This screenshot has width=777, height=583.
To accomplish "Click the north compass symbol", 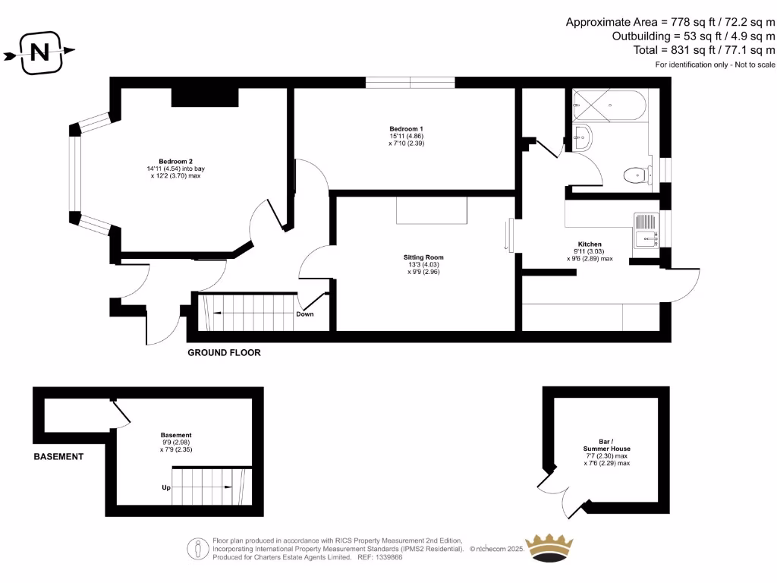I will pos(39,52).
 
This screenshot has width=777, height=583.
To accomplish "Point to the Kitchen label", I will pos(590,244).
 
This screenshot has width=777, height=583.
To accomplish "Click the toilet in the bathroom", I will pos(637,175).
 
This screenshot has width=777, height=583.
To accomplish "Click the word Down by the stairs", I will pos(305,314).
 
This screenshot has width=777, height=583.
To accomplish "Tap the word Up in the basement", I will pos(165,488).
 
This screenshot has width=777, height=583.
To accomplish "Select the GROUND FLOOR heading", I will pos(224,353).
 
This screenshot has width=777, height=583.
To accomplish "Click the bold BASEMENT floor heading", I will pos(58,456).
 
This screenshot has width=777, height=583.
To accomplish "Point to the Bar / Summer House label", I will pos(606,445).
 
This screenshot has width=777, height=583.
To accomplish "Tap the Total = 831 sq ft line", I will pos(704,49).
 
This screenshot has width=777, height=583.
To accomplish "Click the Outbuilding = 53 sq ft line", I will pos(694,36).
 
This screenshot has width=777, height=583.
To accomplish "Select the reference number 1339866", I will pos(388,557).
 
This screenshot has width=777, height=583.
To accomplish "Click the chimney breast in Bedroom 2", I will pos(205,97).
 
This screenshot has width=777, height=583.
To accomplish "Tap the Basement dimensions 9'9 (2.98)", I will pos(176,442).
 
